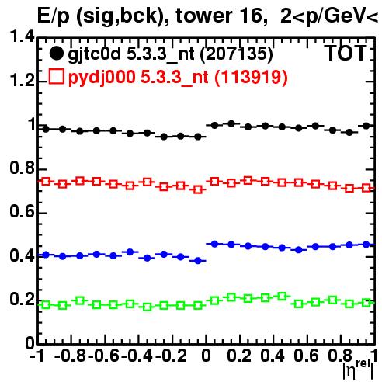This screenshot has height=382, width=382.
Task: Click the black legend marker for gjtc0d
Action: point(56,54)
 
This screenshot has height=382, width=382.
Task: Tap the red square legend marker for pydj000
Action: point(57,76)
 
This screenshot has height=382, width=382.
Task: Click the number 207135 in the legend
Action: point(237,54)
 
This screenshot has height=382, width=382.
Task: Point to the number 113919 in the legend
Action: point(251,77)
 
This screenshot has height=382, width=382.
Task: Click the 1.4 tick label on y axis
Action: point(22,36)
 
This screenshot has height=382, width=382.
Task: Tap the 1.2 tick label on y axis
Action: point(22,81)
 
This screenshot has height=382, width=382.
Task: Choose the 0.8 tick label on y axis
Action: point(22,168)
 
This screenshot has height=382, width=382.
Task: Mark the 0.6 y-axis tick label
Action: point(22,212)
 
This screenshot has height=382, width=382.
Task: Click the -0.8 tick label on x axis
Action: point(71,356)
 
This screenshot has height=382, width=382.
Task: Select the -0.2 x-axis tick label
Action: point(172,356)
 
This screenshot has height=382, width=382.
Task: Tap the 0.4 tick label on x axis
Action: point(273,356)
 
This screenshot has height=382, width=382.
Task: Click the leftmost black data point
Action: point(46,129)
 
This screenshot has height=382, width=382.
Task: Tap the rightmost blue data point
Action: point(366,245)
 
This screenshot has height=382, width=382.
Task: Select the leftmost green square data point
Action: point(46,304)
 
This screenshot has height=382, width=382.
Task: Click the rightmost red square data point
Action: point(366,188)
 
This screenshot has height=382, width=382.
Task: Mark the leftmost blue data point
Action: point(46,255)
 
